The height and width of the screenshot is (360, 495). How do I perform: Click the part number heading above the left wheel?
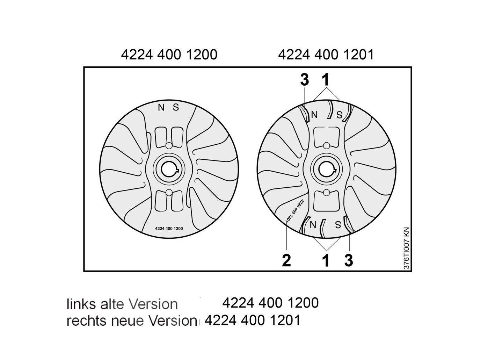[x=169, y=55]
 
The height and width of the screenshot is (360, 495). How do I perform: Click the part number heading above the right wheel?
[x=326, y=55]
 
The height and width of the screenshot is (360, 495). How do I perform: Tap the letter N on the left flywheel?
[x=161, y=107]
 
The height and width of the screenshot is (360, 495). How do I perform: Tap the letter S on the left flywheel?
[x=176, y=107]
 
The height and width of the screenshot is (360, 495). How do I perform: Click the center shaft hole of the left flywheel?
[x=169, y=170]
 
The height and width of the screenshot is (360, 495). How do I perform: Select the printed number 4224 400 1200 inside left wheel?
[x=169, y=229]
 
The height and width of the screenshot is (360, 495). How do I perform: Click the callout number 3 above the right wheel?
[x=304, y=80]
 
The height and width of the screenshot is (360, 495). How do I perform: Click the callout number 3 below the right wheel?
[x=349, y=260]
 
